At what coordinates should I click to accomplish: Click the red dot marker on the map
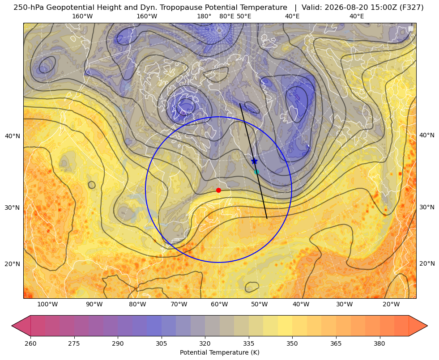[x=219, y=190]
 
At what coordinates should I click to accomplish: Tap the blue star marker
[x=254, y=161]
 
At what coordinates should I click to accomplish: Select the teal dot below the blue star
[x=256, y=172]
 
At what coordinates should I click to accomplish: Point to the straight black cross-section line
[x=253, y=161]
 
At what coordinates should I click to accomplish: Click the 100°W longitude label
[x=47, y=305]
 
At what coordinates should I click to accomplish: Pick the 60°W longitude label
[x=219, y=305]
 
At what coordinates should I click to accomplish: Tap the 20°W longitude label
[x=391, y=305]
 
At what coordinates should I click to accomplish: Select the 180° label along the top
[x=204, y=16]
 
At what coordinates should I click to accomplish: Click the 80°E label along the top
[x=226, y=16]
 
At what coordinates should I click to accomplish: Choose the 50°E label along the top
[x=244, y=16]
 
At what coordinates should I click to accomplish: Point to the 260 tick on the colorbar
[x=30, y=343]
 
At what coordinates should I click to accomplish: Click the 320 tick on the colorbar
[x=205, y=343]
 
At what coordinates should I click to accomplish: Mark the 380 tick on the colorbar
[x=379, y=343]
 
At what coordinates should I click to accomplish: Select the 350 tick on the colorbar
[x=292, y=343]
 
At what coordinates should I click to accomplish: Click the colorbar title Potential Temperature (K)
[x=219, y=352]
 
